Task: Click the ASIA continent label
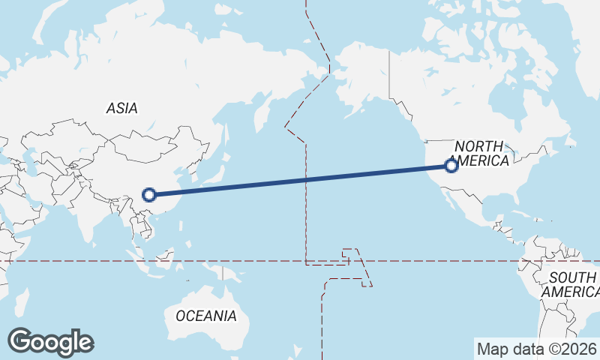pyautogui.click(x=121, y=108)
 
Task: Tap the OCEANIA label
pyautogui.click(x=206, y=316)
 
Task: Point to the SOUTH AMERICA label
pyautogui.click(x=571, y=284)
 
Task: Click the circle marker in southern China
pyautogui.click(x=148, y=195)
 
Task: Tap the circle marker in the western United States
pyautogui.click(x=451, y=166)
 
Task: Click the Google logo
pyautogui.click(x=50, y=342)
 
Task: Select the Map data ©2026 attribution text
pyautogui.click(x=536, y=349)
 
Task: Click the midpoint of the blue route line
pyautogui.click(x=300, y=180)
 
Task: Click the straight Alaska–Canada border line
pyautogui.click(x=388, y=75)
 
